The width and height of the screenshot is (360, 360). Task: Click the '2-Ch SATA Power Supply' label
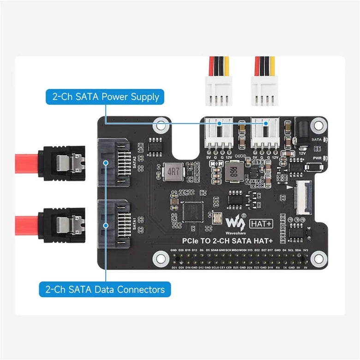coord(105,97)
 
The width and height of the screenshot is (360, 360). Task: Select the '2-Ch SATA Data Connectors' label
coord(105,289)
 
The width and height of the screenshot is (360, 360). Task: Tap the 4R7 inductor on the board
coord(172,173)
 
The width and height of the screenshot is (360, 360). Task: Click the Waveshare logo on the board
coord(236,221)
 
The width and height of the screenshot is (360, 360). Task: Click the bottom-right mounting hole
coord(317,259)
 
